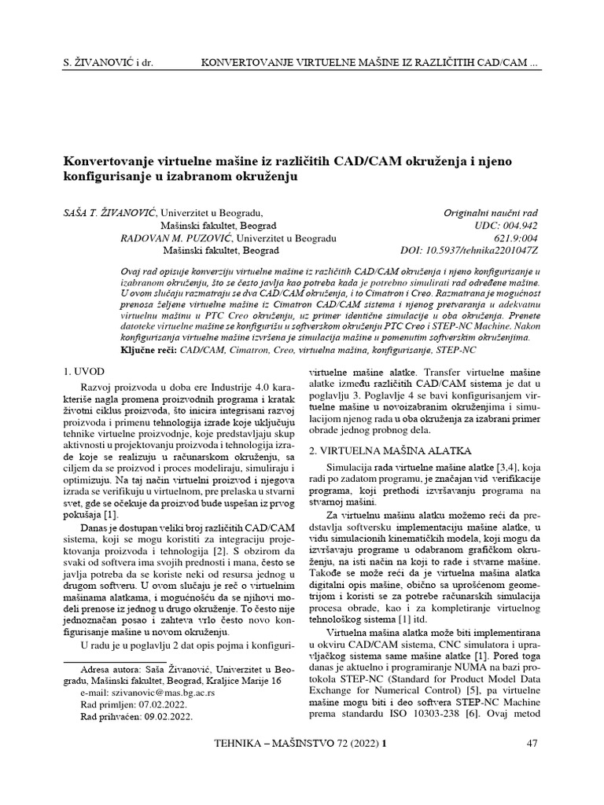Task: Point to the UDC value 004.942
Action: click(x=519, y=225)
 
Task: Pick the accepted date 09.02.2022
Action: click(x=168, y=717)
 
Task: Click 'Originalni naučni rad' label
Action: click(x=492, y=212)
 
